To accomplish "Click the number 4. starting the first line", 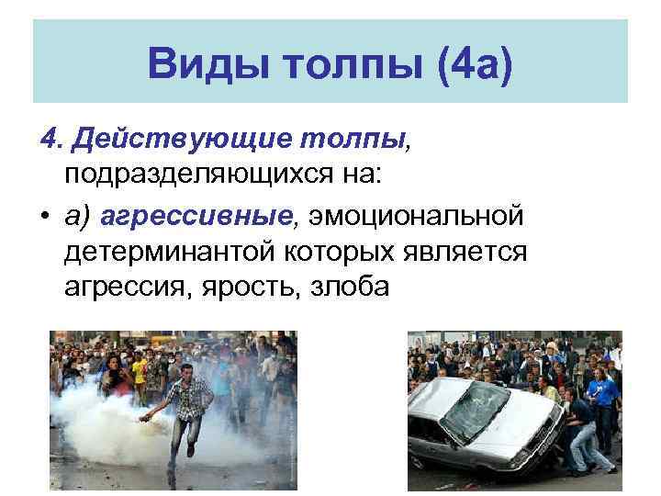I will pyautogui.click(x=51, y=140).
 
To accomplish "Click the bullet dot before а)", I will pyautogui.click(x=45, y=217).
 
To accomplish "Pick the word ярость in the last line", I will pyautogui.click(x=249, y=287).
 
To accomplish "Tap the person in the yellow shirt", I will pyautogui.click(x=138, y=372).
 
